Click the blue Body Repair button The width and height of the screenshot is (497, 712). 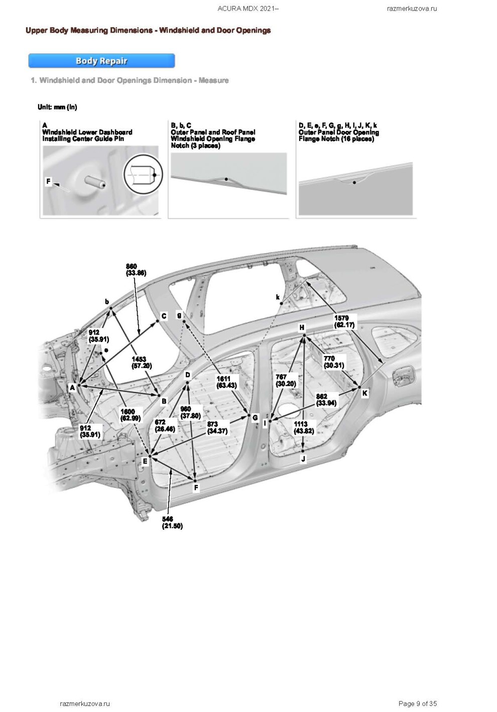pyautogui.click(x=101, y=61)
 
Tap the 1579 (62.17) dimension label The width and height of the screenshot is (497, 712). pyautogui.click(x=344, y=321)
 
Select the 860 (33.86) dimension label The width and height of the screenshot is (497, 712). pyautogui.click(x=136, y=270)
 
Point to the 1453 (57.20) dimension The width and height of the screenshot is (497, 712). pyautogui.click(x=142, y=362)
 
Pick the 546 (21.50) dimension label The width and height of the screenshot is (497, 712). pyautogui.click(x=172, y=522)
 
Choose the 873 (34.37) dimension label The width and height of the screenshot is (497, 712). pyautogui.click(x=217, y=427)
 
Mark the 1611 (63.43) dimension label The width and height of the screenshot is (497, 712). pyautogui.click(x=226, y=382)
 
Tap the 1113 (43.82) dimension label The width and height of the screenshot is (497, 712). pyautogui.click(x=304, y=427)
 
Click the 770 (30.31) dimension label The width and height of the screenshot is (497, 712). pyautogui.click(x=334, y=362)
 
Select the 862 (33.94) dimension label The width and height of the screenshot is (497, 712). pyautogui.click(x=326, y=400)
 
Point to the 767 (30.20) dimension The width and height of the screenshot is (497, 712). pyautogui.click(x=286, y=380)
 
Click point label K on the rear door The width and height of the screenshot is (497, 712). pyautogui.click(x=365, y=393)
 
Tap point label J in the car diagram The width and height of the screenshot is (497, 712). pyautogui.click(x=303, y=459)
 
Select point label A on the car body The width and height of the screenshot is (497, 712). pyautogui.click(x=72, y=388)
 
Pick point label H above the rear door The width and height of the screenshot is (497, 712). pyautogui.click(x=302, y=327)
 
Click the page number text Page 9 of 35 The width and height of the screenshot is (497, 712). pyautogui.click(x=417, y=703)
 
